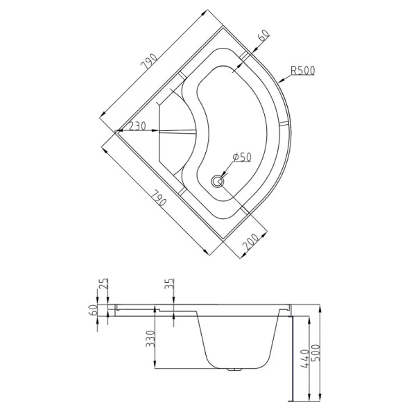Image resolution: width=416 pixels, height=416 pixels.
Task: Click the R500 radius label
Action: pos(303,71)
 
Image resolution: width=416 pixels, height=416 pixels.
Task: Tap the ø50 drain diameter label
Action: pos(241,157)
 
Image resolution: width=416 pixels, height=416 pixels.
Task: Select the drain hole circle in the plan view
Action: pos(218,182)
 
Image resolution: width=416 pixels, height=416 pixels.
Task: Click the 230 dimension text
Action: pos(137,126)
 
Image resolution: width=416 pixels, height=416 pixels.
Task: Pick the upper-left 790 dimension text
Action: pos(150,62)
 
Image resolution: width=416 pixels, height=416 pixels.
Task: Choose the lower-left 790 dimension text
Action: pos(159,199)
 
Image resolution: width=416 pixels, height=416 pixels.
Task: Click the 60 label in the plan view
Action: pos(263,35)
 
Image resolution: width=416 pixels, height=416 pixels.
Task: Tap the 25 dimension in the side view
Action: pos(104,284)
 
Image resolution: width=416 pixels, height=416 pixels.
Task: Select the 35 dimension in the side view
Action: pos(170,284)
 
